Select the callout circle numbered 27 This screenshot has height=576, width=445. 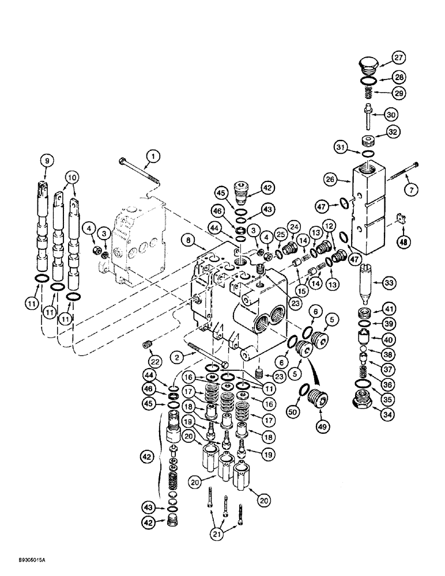pyautogui.click(x=399, y=57)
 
